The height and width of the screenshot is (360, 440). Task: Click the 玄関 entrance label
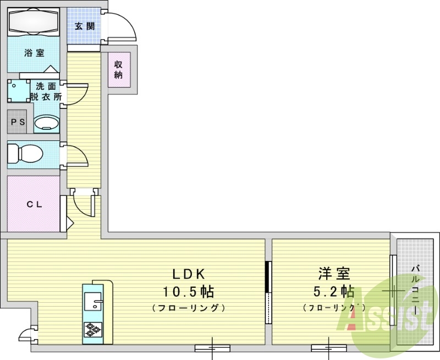85,26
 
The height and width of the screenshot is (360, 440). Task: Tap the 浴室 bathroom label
34,53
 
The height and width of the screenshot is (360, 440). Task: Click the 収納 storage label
118,70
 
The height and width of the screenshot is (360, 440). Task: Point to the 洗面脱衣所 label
47,91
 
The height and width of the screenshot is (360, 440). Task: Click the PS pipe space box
19,122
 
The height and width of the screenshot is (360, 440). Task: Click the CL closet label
34,203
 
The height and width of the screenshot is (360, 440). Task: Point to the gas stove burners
92,330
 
